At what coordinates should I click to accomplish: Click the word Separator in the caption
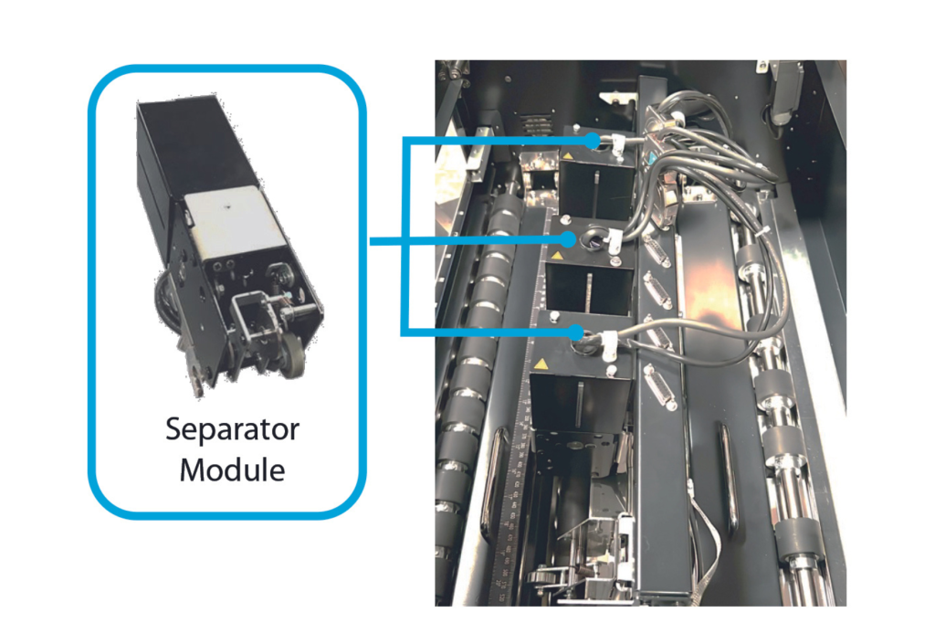(x=232, y=429)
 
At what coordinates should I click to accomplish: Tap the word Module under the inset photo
(x=232, y=470)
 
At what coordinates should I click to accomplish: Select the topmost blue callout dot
(x=592, y=141)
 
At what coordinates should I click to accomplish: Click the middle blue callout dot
(x=568, y=240)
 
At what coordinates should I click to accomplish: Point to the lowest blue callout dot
(x=576, y=333)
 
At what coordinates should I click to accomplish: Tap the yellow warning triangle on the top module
(x=568, y=156)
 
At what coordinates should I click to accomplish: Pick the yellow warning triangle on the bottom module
(x=541, y=364)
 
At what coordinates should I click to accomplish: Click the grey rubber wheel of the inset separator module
(x=293, y=355)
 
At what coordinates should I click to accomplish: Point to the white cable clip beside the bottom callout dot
(x=609, y=345)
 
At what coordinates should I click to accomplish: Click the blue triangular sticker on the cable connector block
(x=652, y=159)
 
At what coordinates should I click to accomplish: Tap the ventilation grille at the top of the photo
(x=537, y=125)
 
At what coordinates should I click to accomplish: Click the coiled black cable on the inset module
(x=169, y=302)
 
